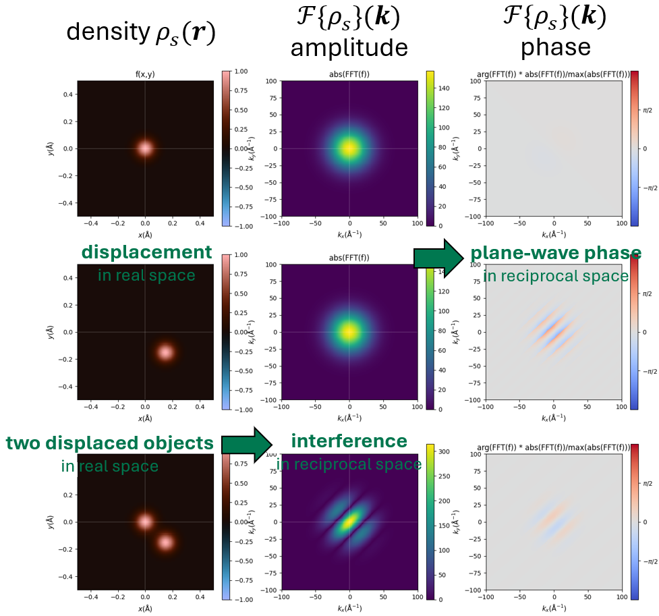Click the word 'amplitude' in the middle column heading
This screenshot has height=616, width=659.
(349, 47)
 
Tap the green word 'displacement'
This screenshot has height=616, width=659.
(146, 252)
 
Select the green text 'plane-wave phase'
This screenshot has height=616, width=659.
(556, 253)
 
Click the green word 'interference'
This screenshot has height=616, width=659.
(349, 441)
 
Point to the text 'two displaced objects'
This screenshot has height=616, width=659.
(110, 443)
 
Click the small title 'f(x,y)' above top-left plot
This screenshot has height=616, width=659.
(145, 76)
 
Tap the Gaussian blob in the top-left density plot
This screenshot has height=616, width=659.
(145, 148)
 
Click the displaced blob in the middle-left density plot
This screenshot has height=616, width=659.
(165, 352)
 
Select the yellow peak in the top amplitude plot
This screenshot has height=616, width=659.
(349, 148)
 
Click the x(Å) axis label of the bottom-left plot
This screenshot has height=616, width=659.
(145, 609)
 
